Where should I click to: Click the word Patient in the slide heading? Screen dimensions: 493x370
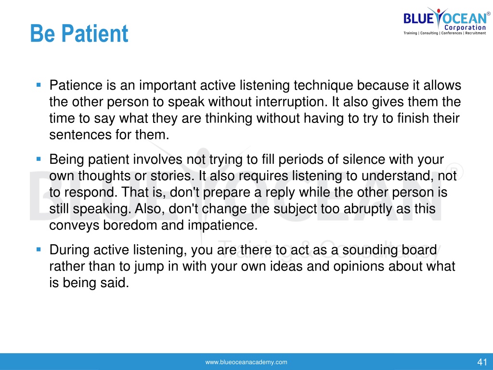coord(95,33)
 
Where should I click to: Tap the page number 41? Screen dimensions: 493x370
coord(482,362)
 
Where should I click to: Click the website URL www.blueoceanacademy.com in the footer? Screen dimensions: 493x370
coord(246,362)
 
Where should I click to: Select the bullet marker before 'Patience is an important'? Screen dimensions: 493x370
coord(39,85)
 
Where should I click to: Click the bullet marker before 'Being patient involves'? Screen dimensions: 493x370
coord(39,159)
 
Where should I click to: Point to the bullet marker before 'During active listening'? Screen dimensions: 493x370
coord(39,250)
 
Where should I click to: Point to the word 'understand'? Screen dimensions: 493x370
coord(398,176)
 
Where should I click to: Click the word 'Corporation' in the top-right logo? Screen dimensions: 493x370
coord(465,27)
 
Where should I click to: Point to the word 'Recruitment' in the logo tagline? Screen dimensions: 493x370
coord(475,33)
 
